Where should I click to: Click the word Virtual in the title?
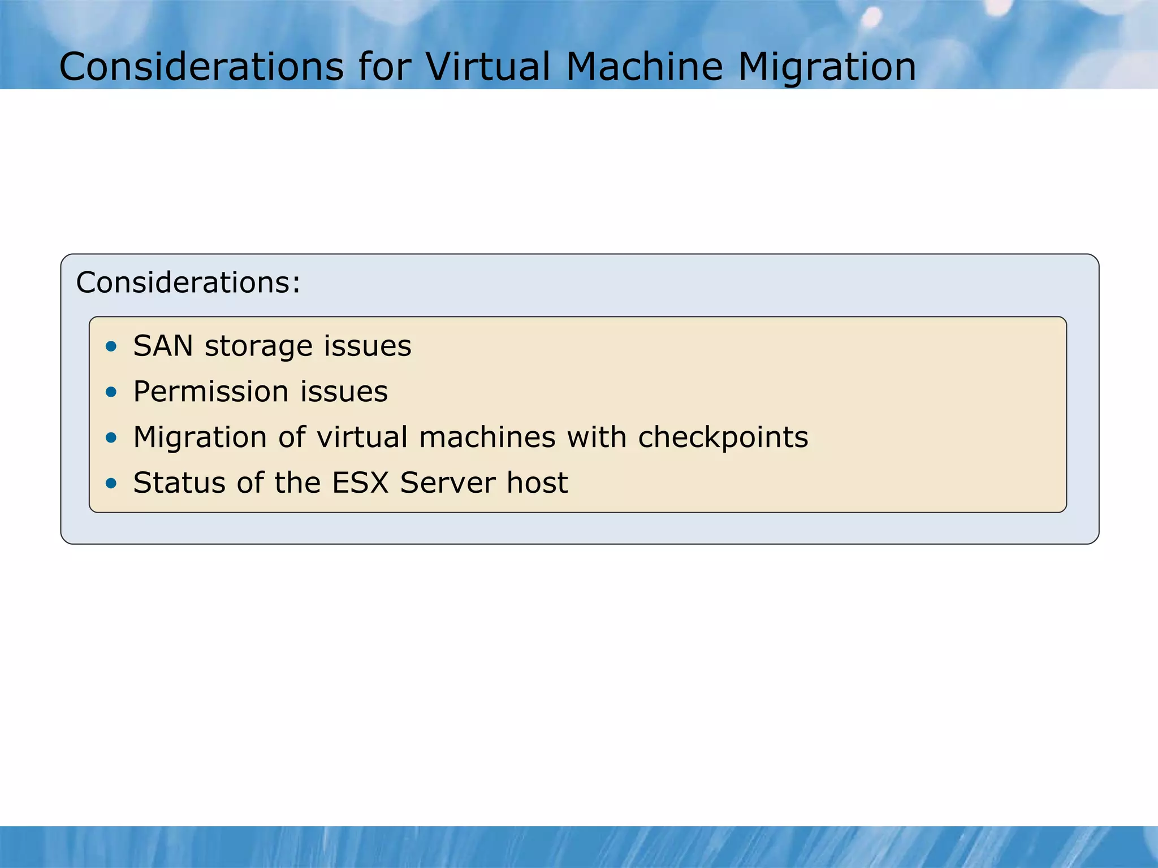(x=488, y=67)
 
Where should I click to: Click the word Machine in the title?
(x=645, y=67)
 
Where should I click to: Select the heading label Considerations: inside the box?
(x=188, y=283)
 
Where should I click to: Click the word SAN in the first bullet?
(x=163, y=346)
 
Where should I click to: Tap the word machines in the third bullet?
(x=487, y=437)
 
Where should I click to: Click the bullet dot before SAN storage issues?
(x=111, y=346)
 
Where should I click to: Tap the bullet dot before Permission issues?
(x=111, y=392)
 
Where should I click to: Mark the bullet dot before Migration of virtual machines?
(x=111, y=437)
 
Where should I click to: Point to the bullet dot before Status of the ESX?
(x=111, y=483)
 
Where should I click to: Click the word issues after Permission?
(x=344, y=392)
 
